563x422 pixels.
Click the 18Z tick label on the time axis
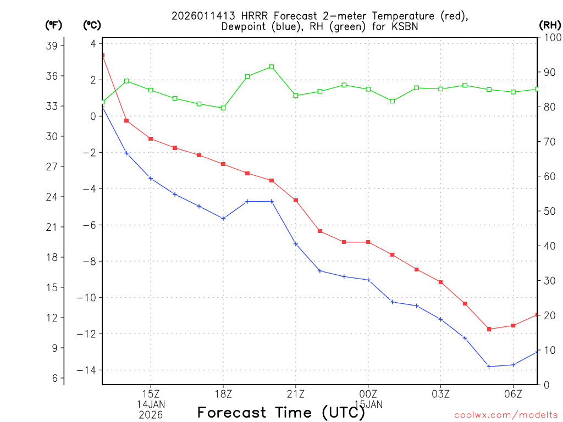coord(223,393)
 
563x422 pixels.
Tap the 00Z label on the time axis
coord(368,393)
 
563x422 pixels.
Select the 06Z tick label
coord(513,393)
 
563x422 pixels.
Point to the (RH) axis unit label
coord(549,25)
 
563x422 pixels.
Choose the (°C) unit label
coord(92,25)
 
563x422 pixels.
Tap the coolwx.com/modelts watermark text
coord(506,415)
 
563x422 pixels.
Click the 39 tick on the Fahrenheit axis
coord(54,46)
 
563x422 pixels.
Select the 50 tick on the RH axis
coord(549,211)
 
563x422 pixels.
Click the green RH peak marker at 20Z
coord(272,67)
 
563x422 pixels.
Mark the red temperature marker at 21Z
coord(296,201)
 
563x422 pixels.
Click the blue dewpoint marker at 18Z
coord(223,218)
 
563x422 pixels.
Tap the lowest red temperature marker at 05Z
coord(489,329)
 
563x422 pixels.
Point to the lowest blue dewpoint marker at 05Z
coord(489,367)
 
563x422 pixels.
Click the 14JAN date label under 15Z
coord(151,404)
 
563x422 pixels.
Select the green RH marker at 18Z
coord(223,108)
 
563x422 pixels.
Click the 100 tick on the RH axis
coord(549,37)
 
